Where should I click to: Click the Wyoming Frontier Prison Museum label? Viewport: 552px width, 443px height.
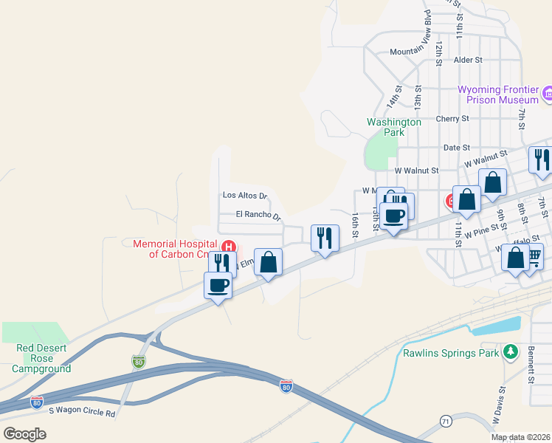(x=498, y=95)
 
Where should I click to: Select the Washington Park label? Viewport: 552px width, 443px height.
(x=394, y=127)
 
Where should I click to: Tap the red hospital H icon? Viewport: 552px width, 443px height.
(x=229, y=247)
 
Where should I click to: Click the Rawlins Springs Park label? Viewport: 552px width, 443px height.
(x=451, y=353)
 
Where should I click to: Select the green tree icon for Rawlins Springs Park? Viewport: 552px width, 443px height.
(x=510, y=352)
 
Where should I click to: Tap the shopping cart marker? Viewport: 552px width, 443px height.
(x=533, y=256)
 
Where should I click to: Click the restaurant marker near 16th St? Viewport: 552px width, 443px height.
(x=324, y=238)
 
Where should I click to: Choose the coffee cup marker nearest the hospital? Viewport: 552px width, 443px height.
(x=218, y=284)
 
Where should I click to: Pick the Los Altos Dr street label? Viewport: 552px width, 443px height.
(x=244, y=196)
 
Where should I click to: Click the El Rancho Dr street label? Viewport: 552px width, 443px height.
(x=259, y=216)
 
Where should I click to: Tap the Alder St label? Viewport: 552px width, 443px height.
(x=468, y=60)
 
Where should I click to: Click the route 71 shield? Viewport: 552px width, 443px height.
(x=446, y=421)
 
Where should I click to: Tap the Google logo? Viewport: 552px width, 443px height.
(x=25, y=433)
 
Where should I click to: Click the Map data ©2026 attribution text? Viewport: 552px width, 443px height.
(x=521, y=437)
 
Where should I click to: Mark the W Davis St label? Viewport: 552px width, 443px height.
(x=500, y=406)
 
